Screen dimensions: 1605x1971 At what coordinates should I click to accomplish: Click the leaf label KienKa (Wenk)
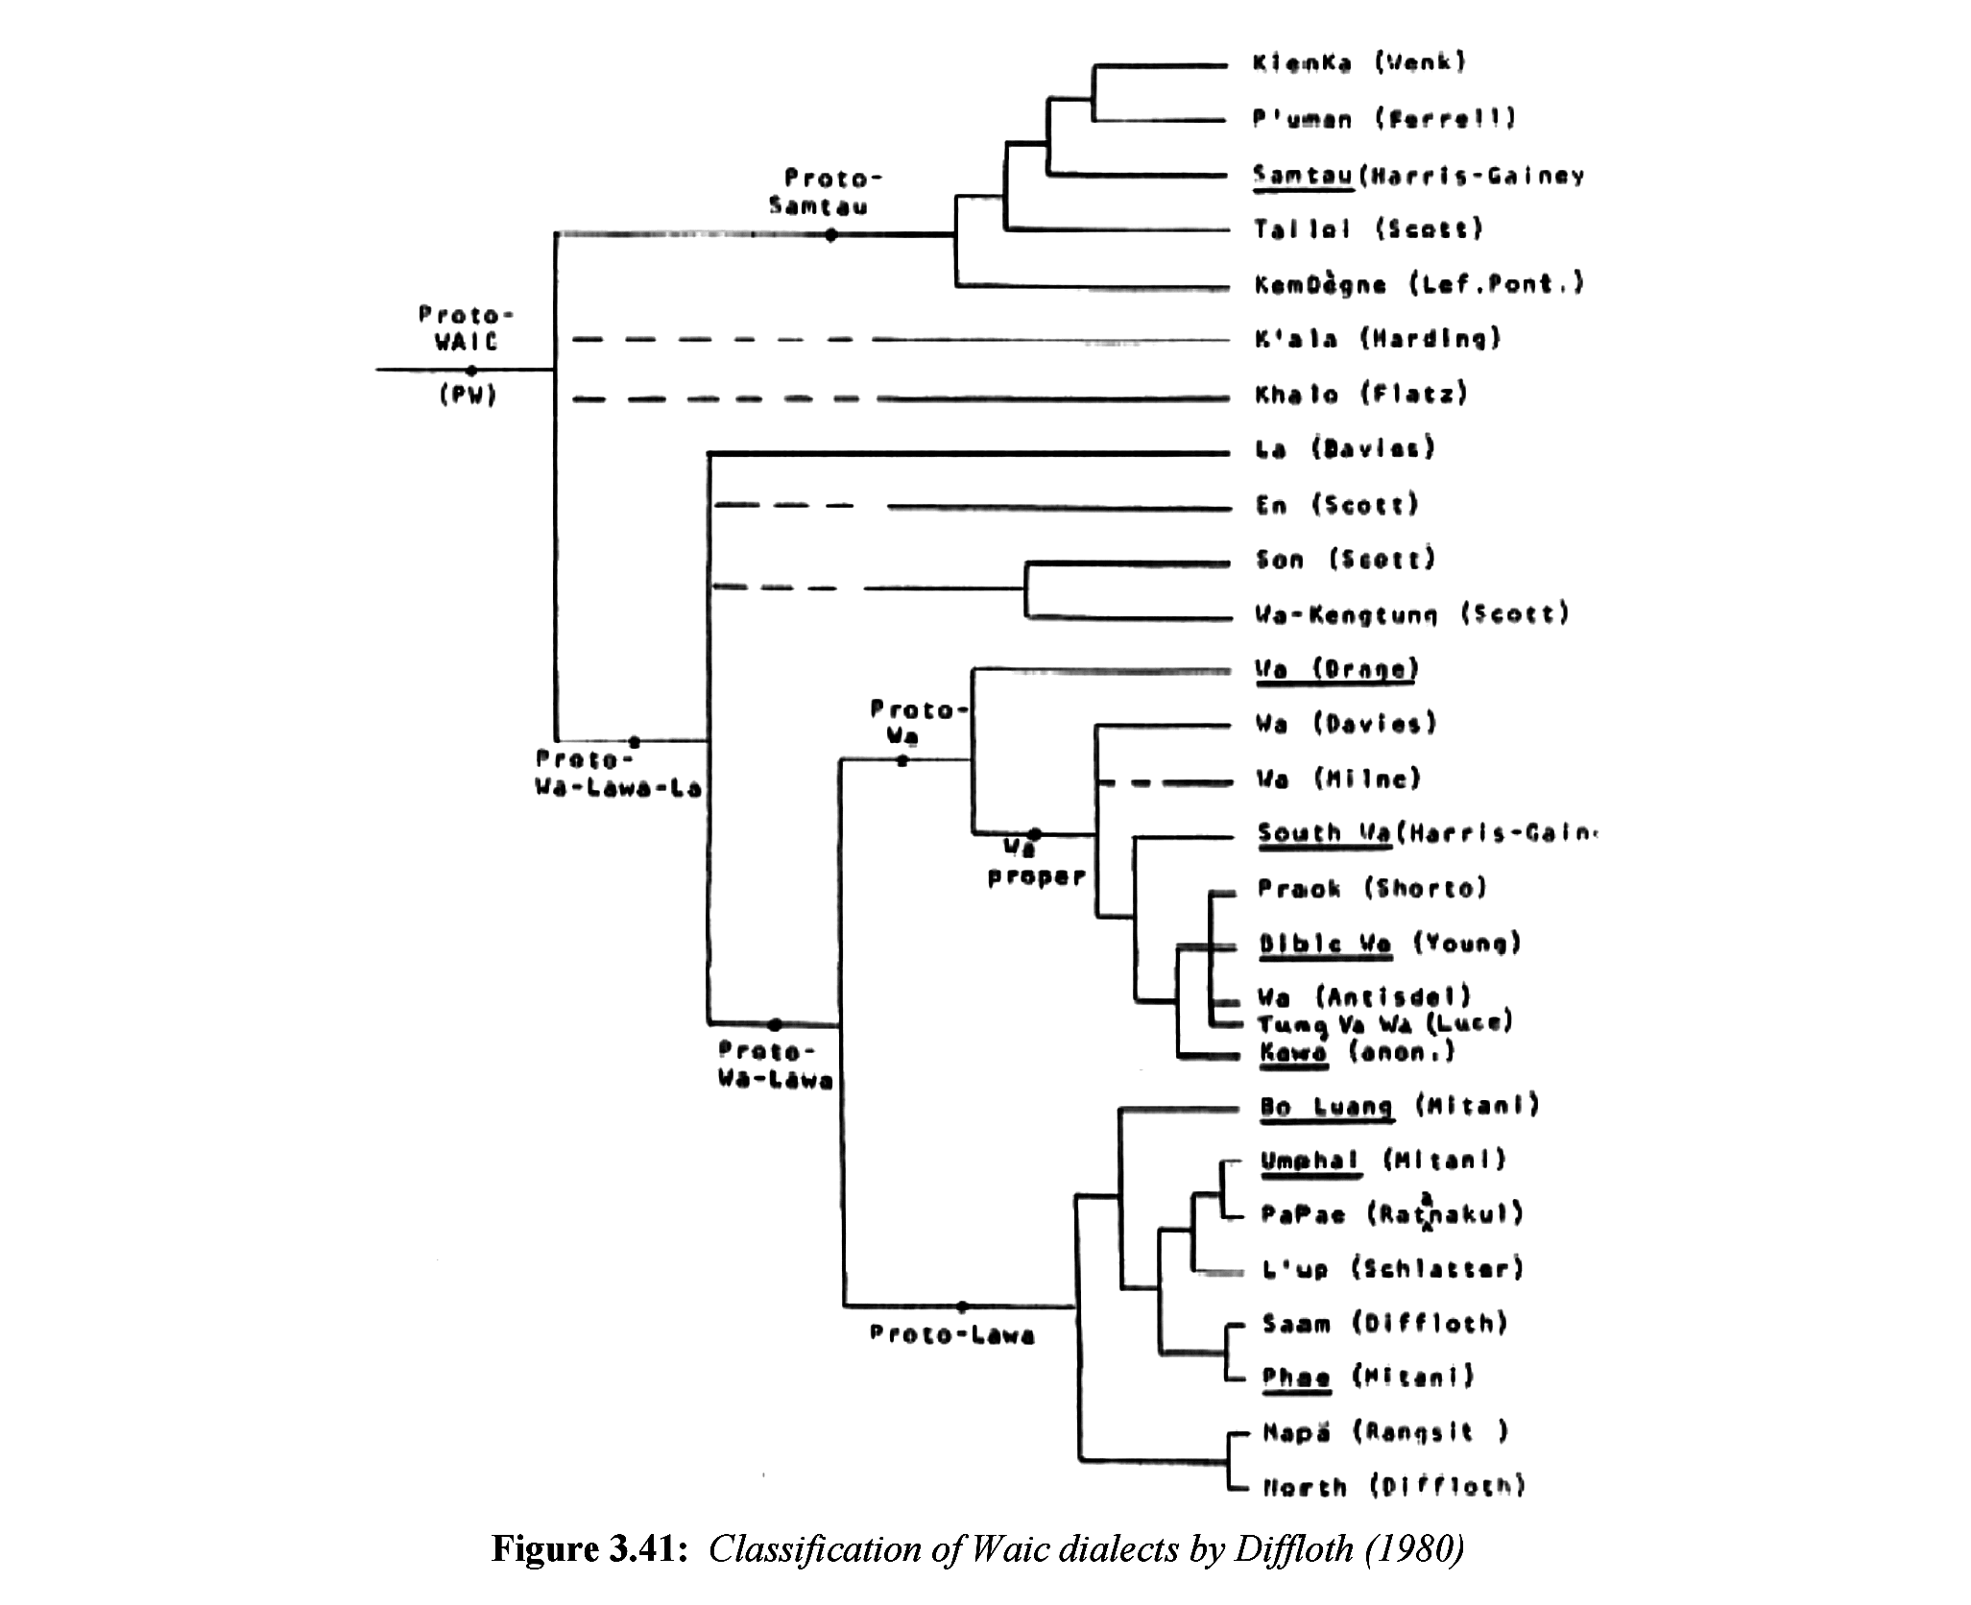(1359, 63)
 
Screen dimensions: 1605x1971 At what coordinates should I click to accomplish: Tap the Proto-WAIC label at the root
(467, 328)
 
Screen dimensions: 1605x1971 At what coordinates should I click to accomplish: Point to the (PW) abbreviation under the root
(468, 395)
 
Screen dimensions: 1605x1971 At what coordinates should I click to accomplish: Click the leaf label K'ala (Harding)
(1378, 338)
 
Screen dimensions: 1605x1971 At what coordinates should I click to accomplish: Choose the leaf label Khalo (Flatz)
(1361, 394)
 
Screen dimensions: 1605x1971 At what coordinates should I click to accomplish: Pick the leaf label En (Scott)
(1336, 505)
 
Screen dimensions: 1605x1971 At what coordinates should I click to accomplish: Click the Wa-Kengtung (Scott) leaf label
(1411, 613)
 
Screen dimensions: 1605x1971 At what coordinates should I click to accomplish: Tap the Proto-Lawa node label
(951, 1334)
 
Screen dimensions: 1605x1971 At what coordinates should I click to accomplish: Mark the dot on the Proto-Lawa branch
(962, 1306)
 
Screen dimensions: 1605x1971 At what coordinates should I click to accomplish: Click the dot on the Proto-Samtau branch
(830, 235)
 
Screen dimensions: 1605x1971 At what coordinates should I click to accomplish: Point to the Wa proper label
(1035, 863)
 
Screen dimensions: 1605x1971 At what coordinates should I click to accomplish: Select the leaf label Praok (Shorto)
(1372, 888)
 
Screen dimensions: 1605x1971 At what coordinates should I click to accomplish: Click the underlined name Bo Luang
(1326, 1107)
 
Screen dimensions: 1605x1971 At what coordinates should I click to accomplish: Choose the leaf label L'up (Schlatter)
(1392, 1269)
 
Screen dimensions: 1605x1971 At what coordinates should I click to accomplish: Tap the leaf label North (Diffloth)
(1392, 1487)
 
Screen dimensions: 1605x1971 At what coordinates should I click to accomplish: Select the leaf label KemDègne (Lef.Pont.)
(1419, 284)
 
